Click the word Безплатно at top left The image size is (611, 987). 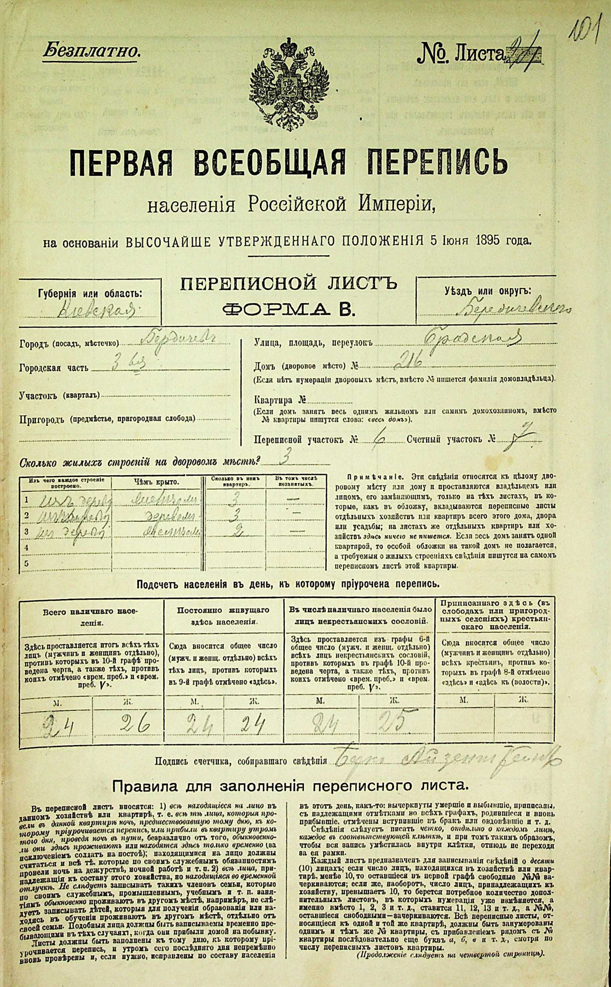point(91,51)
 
